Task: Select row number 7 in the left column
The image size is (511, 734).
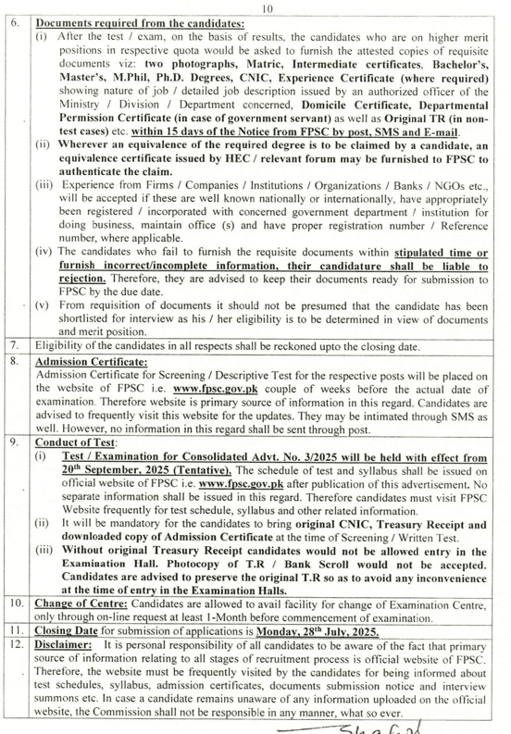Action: (15, 344)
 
